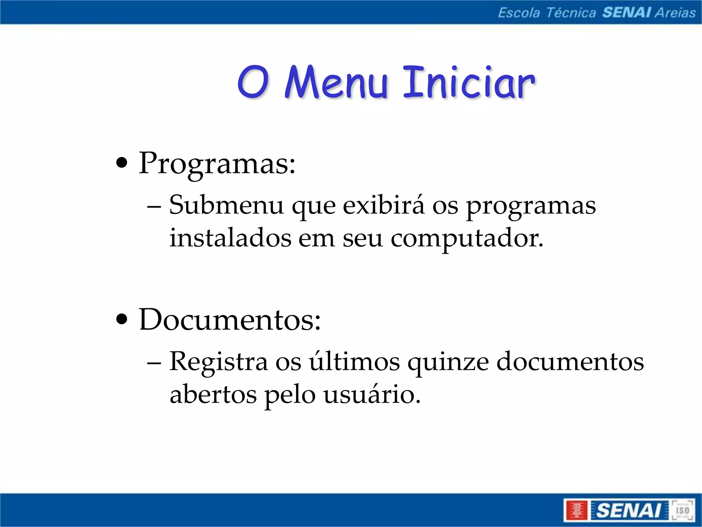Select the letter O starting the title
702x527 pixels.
point(253,83)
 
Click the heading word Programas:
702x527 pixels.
point(217,164)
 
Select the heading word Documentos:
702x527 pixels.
point(230,320)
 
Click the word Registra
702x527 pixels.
point(218,362)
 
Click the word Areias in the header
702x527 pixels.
point(675,13)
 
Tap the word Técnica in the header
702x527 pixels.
point(571,13)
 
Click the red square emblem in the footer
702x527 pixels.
point(577,510)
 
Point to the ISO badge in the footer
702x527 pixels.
point(682,510)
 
